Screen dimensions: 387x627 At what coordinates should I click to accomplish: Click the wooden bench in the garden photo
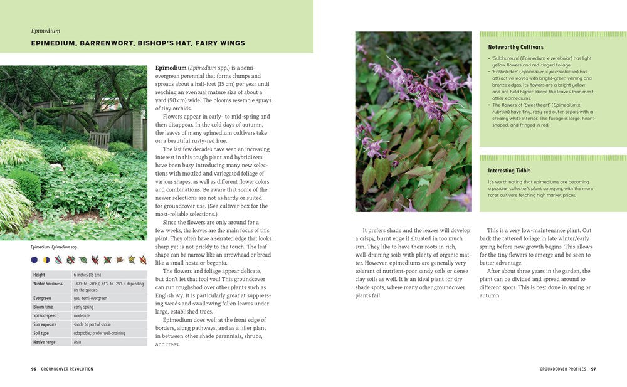(x=99, y=139)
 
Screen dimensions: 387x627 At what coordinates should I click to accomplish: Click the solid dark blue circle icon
(x=34, y=259)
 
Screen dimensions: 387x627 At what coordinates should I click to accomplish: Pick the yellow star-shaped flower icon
(x=132, y=259)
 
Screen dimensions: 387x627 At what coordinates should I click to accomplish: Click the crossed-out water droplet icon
(x=58, y=259)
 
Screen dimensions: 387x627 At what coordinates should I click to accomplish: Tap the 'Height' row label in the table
(x=39, y=275)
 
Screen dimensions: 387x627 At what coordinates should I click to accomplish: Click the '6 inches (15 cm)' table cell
(x=87, y=275)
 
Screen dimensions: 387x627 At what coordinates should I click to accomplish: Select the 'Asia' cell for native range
(x=78, y=342)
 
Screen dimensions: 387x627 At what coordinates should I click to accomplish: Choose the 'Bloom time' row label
(x=43, y=307)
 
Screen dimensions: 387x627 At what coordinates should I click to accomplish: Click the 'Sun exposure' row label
(x=45, y=324)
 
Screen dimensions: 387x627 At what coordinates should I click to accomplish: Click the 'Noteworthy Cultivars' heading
(x=516, y=47)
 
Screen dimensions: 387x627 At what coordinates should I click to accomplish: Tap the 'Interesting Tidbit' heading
(x=509, y=171)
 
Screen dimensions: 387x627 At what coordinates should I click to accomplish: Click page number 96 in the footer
(x=34, y=369)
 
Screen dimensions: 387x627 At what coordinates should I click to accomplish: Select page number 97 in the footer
(x=593, y=369)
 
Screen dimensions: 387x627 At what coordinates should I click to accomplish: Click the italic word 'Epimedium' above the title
(x=46, y=31)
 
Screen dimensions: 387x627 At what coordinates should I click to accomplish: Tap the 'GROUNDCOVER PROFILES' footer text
(x=562, y=369)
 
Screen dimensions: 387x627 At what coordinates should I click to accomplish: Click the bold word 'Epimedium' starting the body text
(x=171, y=68)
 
